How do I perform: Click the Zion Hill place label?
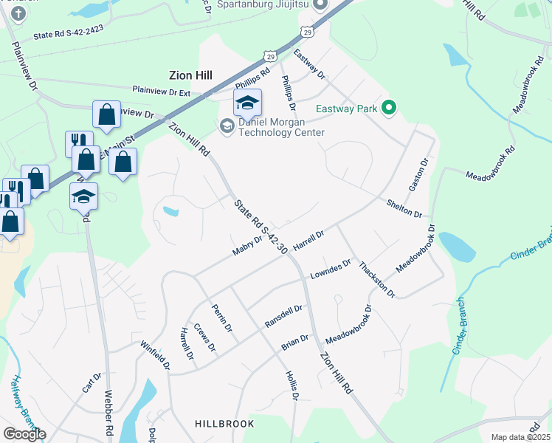pyautogui.click(x=185, y=75)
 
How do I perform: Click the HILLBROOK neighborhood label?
pyautogui.click(x=224, y=424)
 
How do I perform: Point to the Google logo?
pyautogui.click(x=24, y=434)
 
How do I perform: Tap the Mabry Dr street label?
pyautogui.click(x=248, y=245)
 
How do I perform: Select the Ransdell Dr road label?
pyautogui.click(x=284, y=317)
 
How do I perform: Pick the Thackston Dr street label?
pyautogui.click(x=377, y=279)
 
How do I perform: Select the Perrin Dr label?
pyautogui.click(x=222, y=317)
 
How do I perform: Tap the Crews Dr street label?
pyautogui.click(x=204, y=337)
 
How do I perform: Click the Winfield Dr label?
pyautogui.click(x=156, y=354)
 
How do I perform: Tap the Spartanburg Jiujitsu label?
pyautogui.click(x=264, y=5)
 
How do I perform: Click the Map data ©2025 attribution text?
pyautogui.click(x=520, y=437)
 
